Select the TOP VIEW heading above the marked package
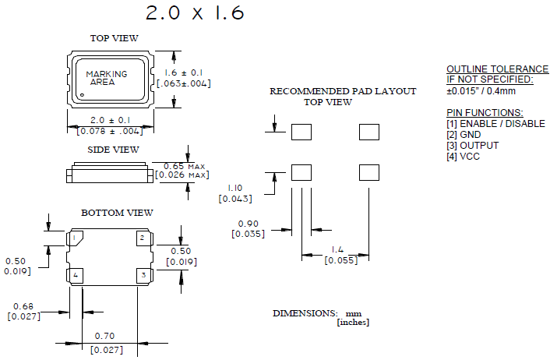click(x=114, y=38)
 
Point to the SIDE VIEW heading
click(x=113, y=150)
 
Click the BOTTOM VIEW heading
click(x=117, y=213)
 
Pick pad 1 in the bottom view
click(x=76, y=238)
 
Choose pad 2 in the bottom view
click(x=142, y=238)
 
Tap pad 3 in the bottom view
click(x=142, y=275)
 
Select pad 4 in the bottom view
click(x=76, y=275)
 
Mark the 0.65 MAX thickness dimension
click(x=182, y=165)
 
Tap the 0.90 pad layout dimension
click(x=248, y=224)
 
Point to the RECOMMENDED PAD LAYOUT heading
click(x=343, y=91)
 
